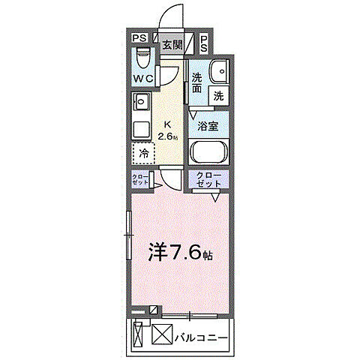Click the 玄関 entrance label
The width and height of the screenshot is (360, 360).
tap(172, 44)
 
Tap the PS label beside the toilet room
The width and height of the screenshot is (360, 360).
tap(139, 40)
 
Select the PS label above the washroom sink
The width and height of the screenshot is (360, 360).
tap(205, 44)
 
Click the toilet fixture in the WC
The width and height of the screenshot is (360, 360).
tap(142, 58)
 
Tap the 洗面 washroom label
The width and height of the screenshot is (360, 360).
tap(196, 82)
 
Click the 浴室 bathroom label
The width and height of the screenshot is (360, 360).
tap(208, 126)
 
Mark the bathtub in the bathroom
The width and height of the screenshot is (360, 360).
tap(209, 153)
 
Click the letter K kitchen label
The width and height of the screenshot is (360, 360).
tap(167, 125)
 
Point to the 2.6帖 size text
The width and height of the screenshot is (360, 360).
tap(169, 137)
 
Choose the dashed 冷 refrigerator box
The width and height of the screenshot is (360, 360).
tap(143, 152)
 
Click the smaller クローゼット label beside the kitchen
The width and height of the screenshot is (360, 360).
tap(139, 180)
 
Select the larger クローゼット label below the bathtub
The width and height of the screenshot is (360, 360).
tap(209, 179)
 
